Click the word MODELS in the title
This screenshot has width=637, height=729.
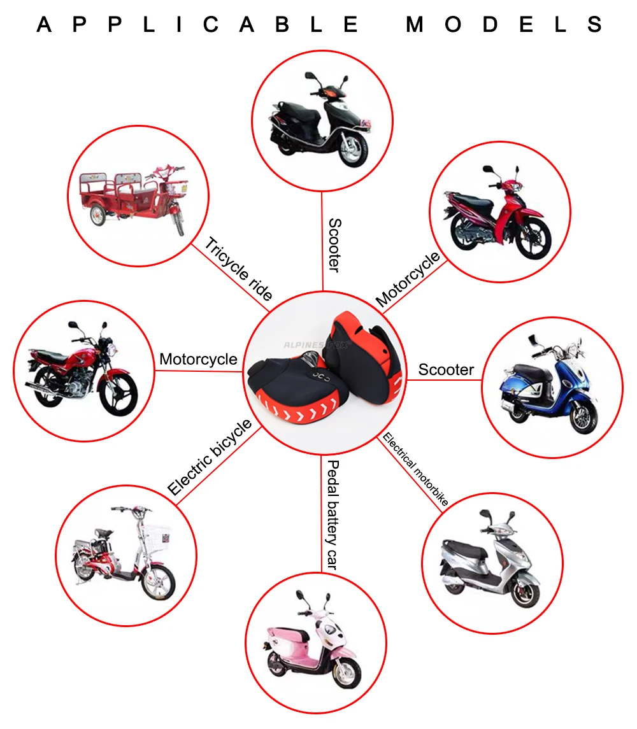click(x=504, y=24)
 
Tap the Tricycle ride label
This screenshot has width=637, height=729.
click(x=239, y=269)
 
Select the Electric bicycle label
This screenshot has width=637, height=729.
click(x=210, y=457)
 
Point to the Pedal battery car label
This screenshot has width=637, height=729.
click(x=333, y=514)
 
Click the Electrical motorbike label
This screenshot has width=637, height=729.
click(x=415, y=469)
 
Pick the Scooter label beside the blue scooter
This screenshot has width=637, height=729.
click(x=446, y=370)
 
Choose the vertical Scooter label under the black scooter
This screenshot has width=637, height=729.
click(x=334, y=245)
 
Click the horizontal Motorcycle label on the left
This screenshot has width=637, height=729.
click(x=198, y=359)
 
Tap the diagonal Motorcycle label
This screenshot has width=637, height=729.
click(x=408, y=279)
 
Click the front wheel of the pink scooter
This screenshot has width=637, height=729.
click(x=347, y=673)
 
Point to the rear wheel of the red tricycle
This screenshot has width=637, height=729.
click(x=97, y=216)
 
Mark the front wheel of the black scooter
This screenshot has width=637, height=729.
click(x=352, y=149)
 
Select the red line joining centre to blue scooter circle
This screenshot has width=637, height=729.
click(x=445, y=380)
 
